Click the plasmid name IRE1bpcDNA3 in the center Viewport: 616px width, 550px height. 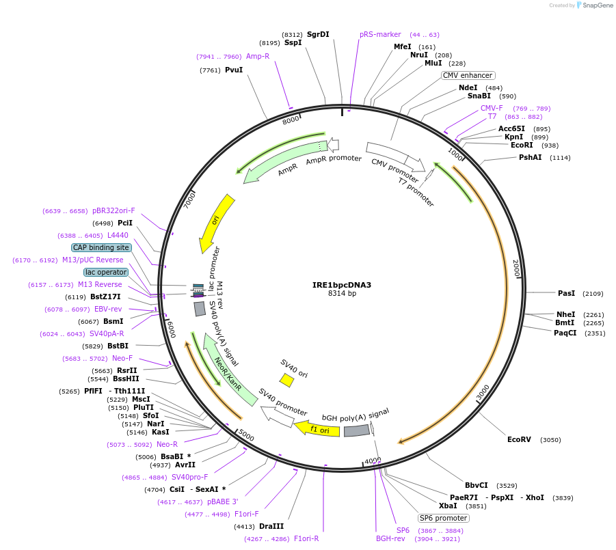pyautogui.click(x=342, y=284)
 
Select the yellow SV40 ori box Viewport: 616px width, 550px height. pyautogui.click(x=287, y=379)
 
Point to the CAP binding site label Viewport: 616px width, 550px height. pyautogui.click(x=101, y=247)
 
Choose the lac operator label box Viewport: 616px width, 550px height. pyautogui.click(x=106, y=272)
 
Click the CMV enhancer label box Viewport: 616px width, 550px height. pyautogui.click(x=468, y=75)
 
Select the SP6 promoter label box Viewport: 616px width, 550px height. pyautogui.click(x=444, y=518)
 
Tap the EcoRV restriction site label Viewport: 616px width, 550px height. pyautogui.click(x=519, y=439)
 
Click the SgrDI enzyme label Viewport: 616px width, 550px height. pyautogui.click(x=318, y=34)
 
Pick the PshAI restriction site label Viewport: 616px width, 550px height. pyautogui.click(x=531, y=157)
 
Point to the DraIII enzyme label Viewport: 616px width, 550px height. pyautogui.click(x=271, y=526)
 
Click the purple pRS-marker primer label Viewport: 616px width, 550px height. pyautogui.click(x=380, y=34)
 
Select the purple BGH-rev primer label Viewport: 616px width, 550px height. pyautogui.click(x=391, y=538)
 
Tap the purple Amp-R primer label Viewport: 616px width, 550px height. pyautogui.click(x=258, y=56)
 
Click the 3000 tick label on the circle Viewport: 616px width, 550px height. pyautogui.click(x=483, y=393)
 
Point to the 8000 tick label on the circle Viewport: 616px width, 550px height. pyautogui.click(x=291, y=120)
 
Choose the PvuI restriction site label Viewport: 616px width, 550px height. pyautogui.click(x=234, y=70)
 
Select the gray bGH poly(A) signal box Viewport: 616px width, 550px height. pyautogui.click(x=356, y=430)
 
